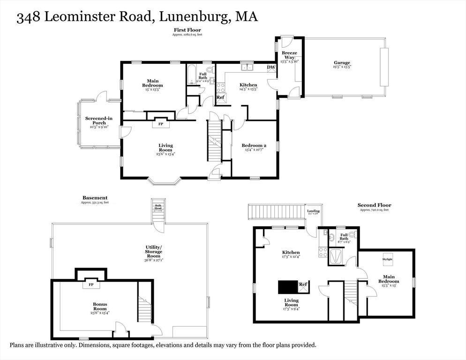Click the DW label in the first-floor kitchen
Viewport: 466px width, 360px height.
coord(271,67)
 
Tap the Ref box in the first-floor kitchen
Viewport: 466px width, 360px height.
coord(220,97)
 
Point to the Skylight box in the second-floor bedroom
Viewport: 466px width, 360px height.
coord(387,259)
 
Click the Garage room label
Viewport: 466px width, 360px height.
coord(342,63)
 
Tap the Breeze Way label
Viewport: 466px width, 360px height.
coord(289,55)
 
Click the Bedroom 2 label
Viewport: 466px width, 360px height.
coord(254,146)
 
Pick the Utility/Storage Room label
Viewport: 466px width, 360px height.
coord(153,252)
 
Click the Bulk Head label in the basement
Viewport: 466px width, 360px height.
coord(158,207)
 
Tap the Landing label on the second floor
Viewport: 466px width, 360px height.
coord(313,211)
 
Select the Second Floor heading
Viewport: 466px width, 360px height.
coord(374,205)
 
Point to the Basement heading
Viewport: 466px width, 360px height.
coord(95,198)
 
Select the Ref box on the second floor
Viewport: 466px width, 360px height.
coord(303,285)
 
